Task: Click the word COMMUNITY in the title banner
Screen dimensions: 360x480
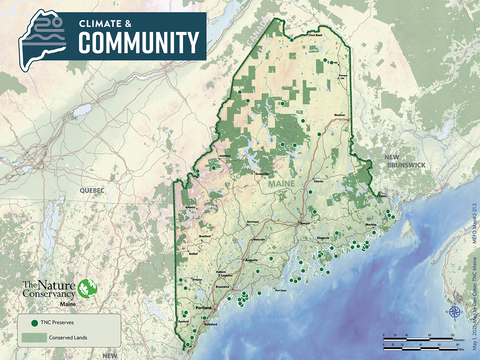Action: pyautogui.click(x=139, y=43)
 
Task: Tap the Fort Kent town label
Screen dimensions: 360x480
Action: pyautogui.click(x=316, y=35)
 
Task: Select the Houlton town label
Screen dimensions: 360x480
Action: pyautogui.click(x=340, y=115)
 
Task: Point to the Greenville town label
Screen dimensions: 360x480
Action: pyautogui.click(x=262, y=174)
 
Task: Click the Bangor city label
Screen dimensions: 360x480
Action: pyautogui.click(x=305, y=223)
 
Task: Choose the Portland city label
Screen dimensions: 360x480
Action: pyautogui.click(x=204, y=308)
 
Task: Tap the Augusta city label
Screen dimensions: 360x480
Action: pyautogui.click(x=251, y=260)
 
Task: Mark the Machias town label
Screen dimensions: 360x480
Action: pyautogui.click(x=371, y=225)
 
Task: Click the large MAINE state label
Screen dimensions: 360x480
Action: pyautogui.click(x=281, y=184)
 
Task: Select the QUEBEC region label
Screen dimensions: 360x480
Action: pyautogui.click(x=92, y=191)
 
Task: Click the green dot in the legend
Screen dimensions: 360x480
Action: pyautogui.click(x=35, y=323)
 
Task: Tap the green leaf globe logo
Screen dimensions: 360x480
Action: pyautogui.click(x=87, y=288)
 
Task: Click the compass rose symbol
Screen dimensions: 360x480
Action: pyautogui.click(x=454, y=312)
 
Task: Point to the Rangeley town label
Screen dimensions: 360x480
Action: pyautogui.click(x=190, y=207)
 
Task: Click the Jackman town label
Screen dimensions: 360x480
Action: pyautogui.click(x=225, y=156)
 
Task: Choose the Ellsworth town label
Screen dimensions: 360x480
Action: pyautogui.click(x=323, y=238)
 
